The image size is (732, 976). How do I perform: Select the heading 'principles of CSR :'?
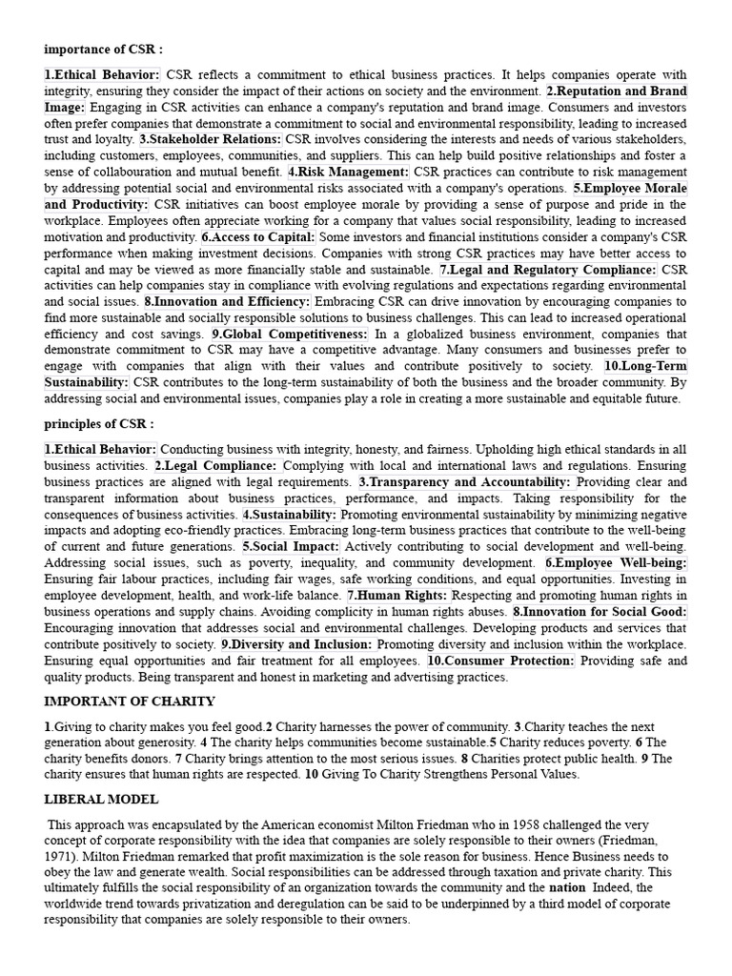98,424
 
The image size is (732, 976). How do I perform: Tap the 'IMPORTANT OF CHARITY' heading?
130,701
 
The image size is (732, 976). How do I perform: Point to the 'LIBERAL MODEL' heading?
101,799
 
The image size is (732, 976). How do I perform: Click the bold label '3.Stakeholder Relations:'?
211,139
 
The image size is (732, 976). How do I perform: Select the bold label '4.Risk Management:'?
348,172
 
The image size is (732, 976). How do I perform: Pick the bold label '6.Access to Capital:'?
257,236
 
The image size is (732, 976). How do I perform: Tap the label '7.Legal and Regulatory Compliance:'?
548,270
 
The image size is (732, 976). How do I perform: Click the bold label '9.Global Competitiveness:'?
290,335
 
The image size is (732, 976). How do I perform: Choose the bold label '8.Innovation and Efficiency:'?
227,302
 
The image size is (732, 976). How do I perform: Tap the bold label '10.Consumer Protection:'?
501,661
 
